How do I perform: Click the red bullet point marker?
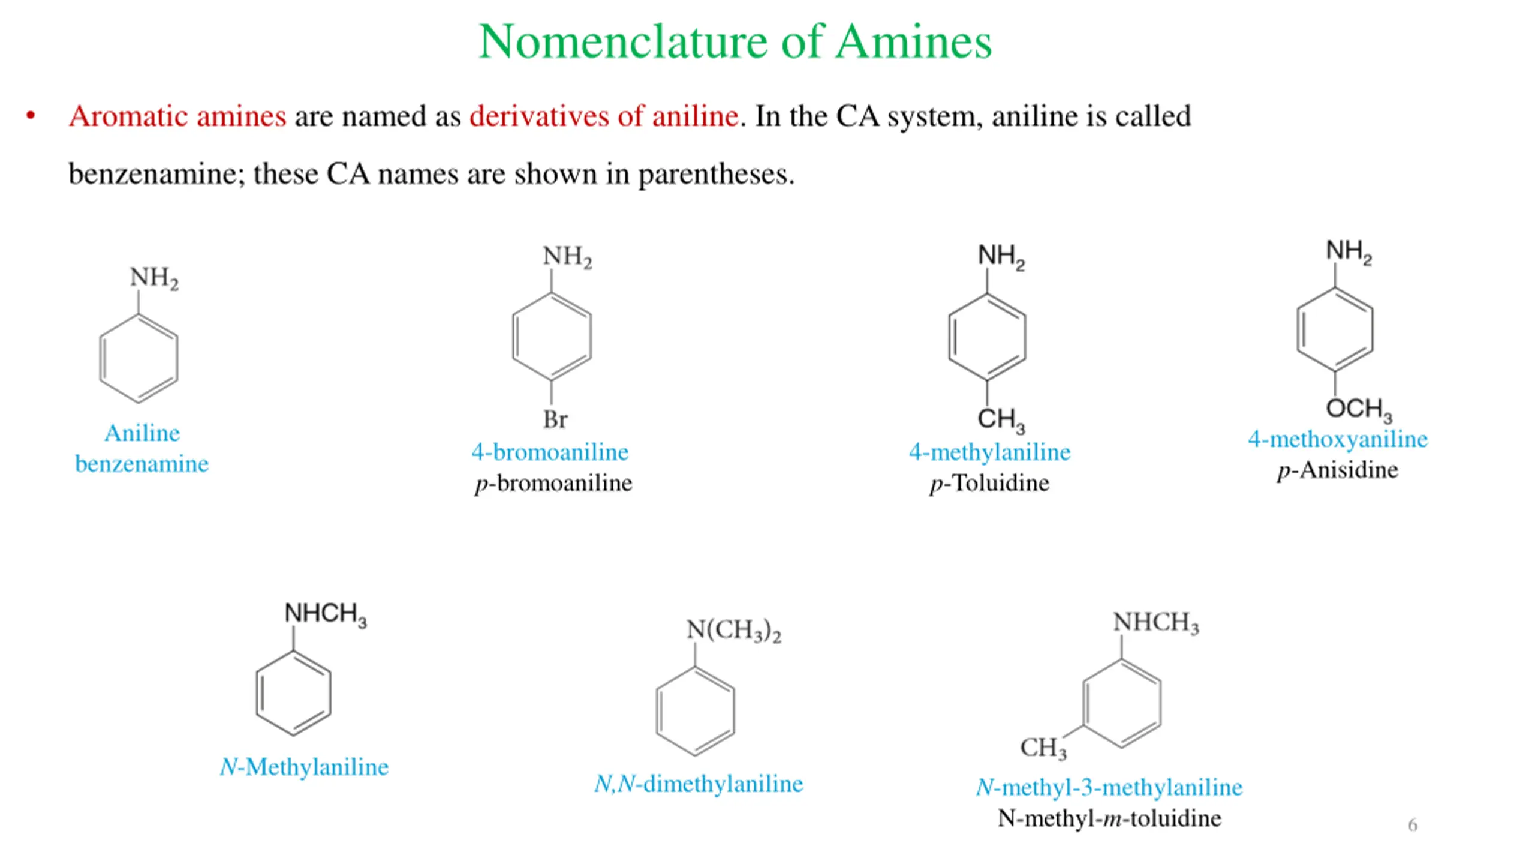point(31,116)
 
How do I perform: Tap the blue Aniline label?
point(142,433)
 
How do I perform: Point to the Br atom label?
point(555,419)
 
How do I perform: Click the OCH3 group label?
point(1358,409)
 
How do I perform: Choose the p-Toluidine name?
point(989,483)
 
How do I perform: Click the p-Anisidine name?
point(1338,470)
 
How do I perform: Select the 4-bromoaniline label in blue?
point(550,452)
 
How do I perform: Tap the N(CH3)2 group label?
point(733,631)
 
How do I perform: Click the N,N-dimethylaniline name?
point(698,784)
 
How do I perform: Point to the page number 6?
point(1413,825)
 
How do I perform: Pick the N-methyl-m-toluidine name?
point(1109,818)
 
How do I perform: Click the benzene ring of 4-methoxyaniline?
point(1335,330)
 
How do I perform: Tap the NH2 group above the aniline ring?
point(154,278)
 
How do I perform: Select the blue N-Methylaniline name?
point(304,767)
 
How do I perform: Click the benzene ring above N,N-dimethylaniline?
point(695,712)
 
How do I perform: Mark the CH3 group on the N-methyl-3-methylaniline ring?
point(1043,748)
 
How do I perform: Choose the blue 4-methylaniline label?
point(989,452)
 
